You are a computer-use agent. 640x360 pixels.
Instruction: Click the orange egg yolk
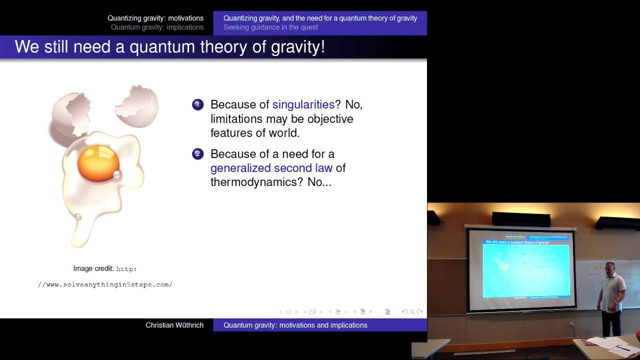click(98, 162)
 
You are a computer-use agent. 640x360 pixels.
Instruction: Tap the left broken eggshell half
click(70, 114)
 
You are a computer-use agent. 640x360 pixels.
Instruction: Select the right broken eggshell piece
click(137, 106)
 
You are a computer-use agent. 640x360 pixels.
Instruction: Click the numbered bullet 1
click(197, 104)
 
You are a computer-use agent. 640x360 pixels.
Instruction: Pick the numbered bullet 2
click(197, 154)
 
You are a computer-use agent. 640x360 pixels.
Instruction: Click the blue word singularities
click(303, 104)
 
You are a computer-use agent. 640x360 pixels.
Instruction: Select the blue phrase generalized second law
click(271, 168)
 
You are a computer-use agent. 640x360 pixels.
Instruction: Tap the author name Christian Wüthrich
click(174, 325)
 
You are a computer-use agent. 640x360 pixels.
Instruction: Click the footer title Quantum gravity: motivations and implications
click(295, 325)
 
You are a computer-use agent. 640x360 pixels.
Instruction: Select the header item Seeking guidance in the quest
click(270, 27)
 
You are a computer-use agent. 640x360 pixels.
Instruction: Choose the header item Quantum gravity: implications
click(157, 27)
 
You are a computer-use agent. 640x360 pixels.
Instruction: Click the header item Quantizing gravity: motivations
click(155, 18)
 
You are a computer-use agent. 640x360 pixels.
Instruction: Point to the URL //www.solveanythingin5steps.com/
click(105, 284)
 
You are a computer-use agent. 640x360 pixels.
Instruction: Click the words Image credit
click(93, 268)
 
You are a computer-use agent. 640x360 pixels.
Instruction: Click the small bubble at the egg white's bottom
click(78, 216)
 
